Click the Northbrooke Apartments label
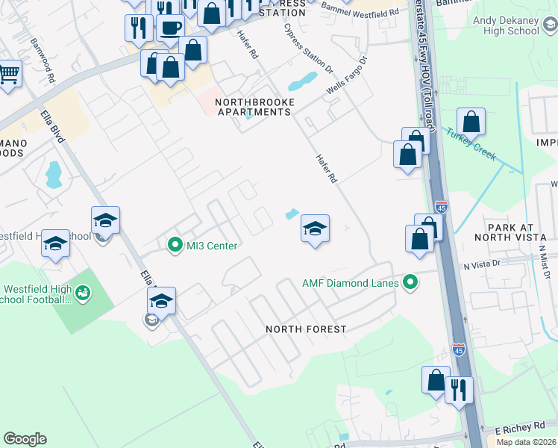click(x=252, y=107)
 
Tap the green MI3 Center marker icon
click(x=175, y=245)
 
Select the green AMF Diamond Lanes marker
click(x=409, y=283)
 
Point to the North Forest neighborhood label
click(x=306, y=329)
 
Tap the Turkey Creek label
click(x=471, y=140)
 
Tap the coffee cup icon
click(x=170, y=28)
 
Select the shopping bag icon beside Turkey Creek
click(x=471, y=121)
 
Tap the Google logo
click(x=25, y=439)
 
